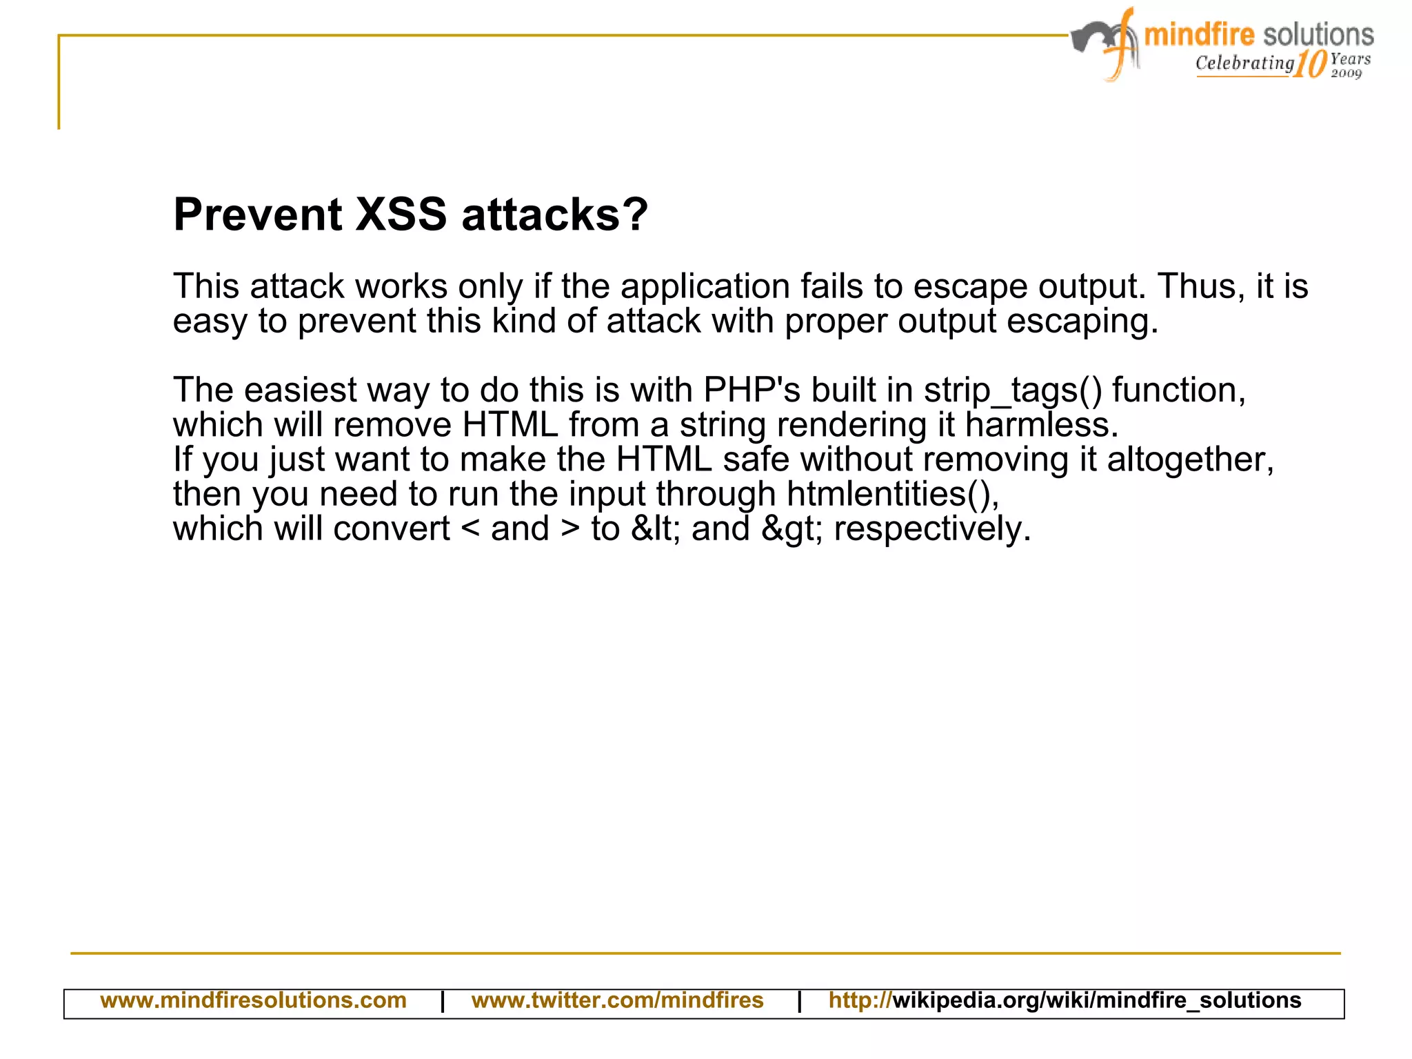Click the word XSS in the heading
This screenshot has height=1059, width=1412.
401,215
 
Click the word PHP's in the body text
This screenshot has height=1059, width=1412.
752,390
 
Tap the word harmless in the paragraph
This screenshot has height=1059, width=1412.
1041,425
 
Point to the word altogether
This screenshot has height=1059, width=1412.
1191,460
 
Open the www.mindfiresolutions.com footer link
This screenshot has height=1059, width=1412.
253,1000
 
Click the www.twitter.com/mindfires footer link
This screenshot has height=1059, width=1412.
617,1000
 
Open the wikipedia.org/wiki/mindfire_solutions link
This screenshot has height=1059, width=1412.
1096,1000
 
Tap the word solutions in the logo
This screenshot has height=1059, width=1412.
1318,34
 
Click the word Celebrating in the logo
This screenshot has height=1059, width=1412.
1244,63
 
